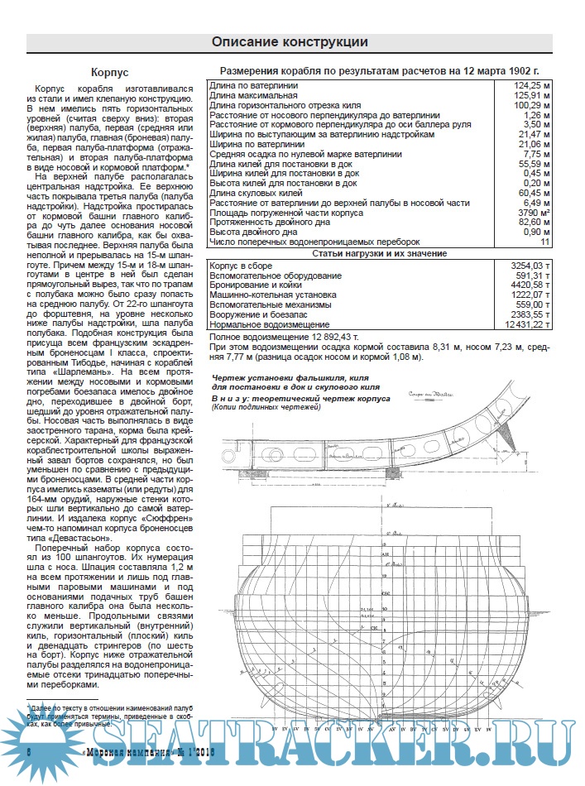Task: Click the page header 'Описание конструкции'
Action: click(290, 42)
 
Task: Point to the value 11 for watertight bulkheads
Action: click(544, 242)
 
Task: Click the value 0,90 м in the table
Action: click(533, 232)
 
